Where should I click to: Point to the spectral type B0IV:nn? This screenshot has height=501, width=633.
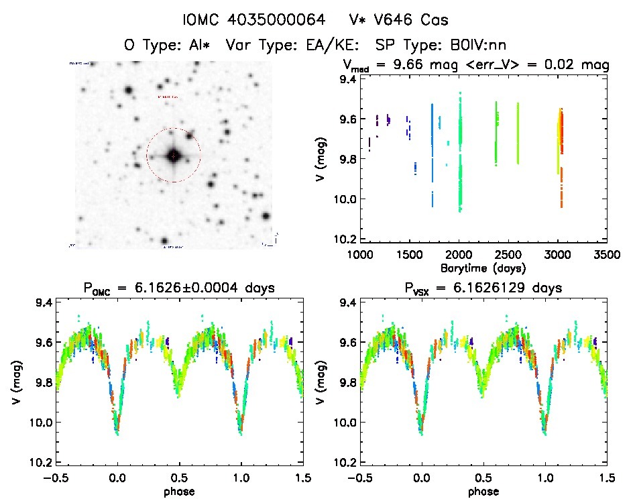(x=475, y=45)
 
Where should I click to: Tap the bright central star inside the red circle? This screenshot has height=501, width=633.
(x=174, y=155)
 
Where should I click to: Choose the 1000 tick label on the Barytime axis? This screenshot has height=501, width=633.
(x=360, y=256)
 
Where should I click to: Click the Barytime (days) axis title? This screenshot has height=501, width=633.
(x=483, y=268)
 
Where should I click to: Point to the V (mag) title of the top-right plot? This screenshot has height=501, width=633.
(x=323, y=158)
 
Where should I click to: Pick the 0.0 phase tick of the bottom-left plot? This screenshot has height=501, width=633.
(x=117, y=477)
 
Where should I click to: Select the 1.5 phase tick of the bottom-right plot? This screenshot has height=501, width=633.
(x=606, y=477)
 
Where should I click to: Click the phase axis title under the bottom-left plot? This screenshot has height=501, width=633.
(x=178, y=490)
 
